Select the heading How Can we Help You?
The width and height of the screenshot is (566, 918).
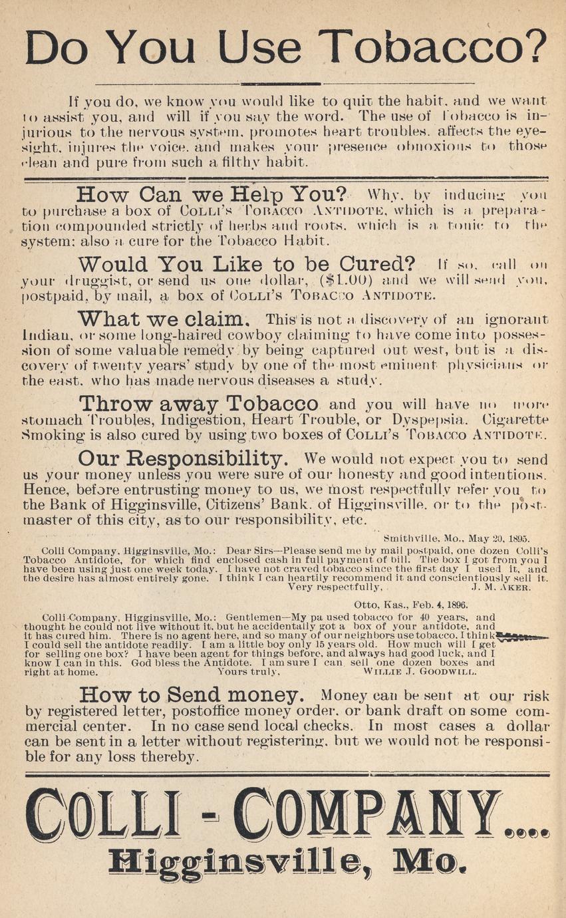[x=212, y=196]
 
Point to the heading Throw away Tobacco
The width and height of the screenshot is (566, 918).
[x=198, y=404]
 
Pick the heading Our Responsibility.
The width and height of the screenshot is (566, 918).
[x=183, y=459]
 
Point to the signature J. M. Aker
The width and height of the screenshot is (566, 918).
[x=500, y=587]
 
